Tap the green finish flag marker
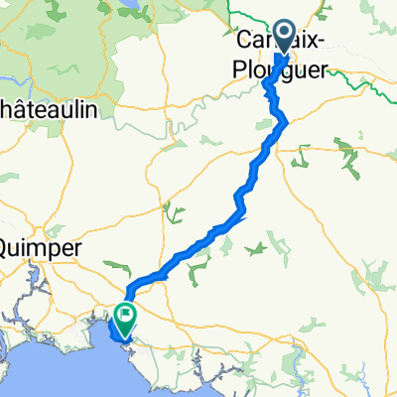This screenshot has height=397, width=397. pos(126,318)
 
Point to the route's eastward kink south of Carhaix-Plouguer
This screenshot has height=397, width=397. pos(285,119)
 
